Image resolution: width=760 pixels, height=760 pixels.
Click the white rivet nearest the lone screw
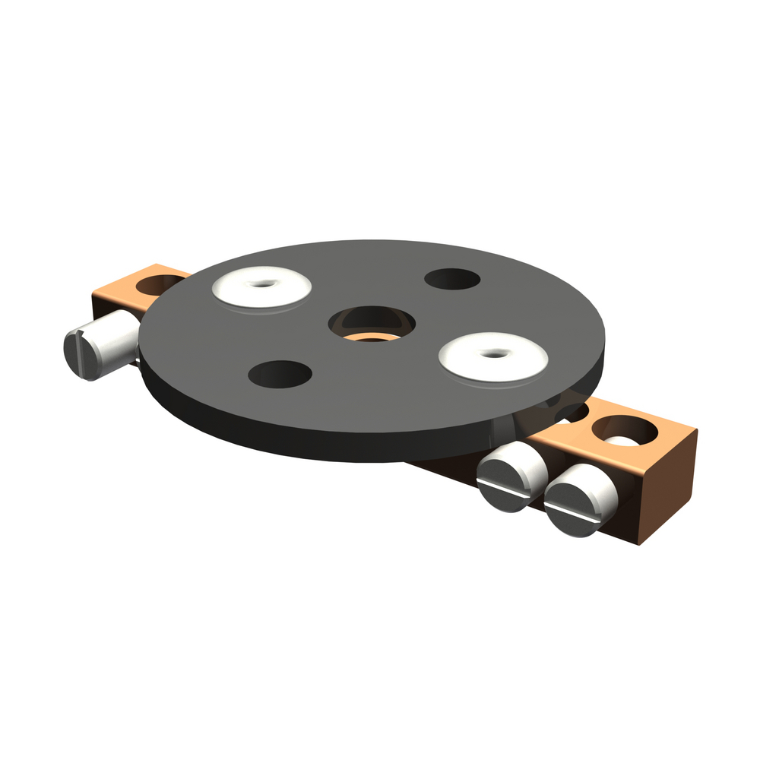tap(261, 287)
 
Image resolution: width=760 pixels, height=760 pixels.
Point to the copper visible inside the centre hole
tap(372, 335)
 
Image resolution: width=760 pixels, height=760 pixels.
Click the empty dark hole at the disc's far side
tap(452, 279)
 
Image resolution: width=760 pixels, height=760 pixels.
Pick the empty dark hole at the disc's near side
tap(280, 374)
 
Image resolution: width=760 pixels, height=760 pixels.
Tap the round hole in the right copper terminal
tap(623, 432)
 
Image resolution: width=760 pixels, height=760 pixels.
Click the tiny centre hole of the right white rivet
tap(496, 353)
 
